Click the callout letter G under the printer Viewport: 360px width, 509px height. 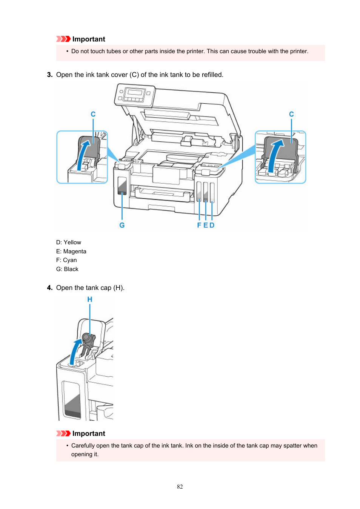[122, 225]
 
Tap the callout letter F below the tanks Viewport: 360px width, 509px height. [199, 225]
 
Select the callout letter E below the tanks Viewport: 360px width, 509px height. [206, 225]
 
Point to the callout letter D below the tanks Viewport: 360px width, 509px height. [212, 225]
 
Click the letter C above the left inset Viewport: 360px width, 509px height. [93, 114]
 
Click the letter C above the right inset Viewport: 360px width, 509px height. [291, 114]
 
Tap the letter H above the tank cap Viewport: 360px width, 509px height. [90, 299]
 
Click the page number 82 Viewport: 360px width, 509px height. [180, 487]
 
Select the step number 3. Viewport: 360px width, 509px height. [49, 75]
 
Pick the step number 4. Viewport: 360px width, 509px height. [49, 288]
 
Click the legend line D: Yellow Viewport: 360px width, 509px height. [69, 242]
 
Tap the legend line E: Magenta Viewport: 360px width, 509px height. [71, 251]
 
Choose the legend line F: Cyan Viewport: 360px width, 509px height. [66, 260]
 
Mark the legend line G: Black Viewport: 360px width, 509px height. [68, 269]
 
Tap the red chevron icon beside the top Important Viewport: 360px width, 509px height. [63, 39]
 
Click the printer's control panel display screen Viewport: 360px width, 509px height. [135, 93]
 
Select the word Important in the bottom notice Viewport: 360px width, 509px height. [89, 434]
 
